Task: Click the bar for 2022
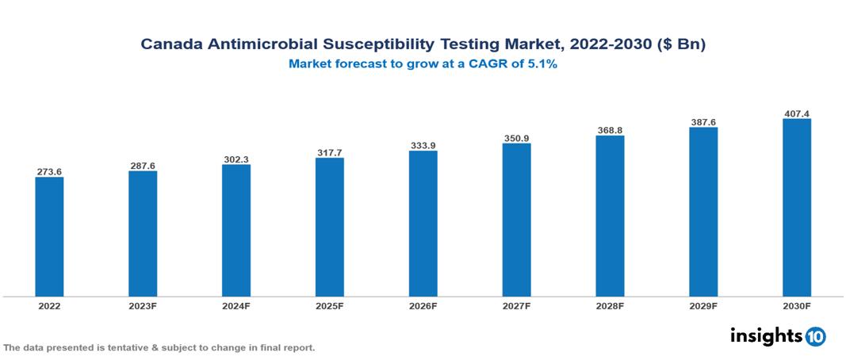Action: point(49,237)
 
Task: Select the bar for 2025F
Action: point(329,228)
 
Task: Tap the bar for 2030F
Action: point(796,208)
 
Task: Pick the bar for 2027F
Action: point(516,220)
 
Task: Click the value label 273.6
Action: point(49,171)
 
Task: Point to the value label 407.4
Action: point(796,113)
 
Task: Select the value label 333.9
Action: point(423,145)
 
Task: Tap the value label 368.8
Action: point(610,130)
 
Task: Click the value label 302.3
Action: point(236,159)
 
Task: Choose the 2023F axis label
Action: point(143,306)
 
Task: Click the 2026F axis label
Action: point(423,306)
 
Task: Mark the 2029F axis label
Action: point(703,306)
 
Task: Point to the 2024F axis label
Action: point(236,306)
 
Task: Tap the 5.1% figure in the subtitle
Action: point(542,64)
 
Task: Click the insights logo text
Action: point(766,335)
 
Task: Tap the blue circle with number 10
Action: point(815,336)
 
